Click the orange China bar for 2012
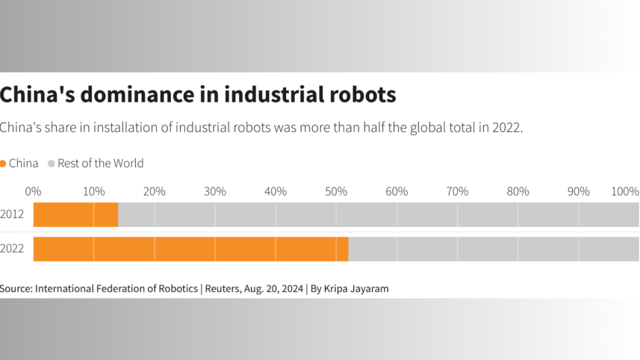click(75, 214)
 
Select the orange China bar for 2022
click(190, 249)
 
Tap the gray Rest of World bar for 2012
click(378, 214)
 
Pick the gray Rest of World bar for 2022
click(493, 249)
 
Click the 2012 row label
click(13, 214)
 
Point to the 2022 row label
click(13, 249)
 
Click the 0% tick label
click(34, 191)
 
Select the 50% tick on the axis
click(336, 191)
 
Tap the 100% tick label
click(624, 191)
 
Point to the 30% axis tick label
click(215, 191)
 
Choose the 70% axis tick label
click(457, 191)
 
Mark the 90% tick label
click(578, 191)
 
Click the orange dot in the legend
click(4, 164)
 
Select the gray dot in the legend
click(52, 164)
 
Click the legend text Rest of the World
click(100, 164)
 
